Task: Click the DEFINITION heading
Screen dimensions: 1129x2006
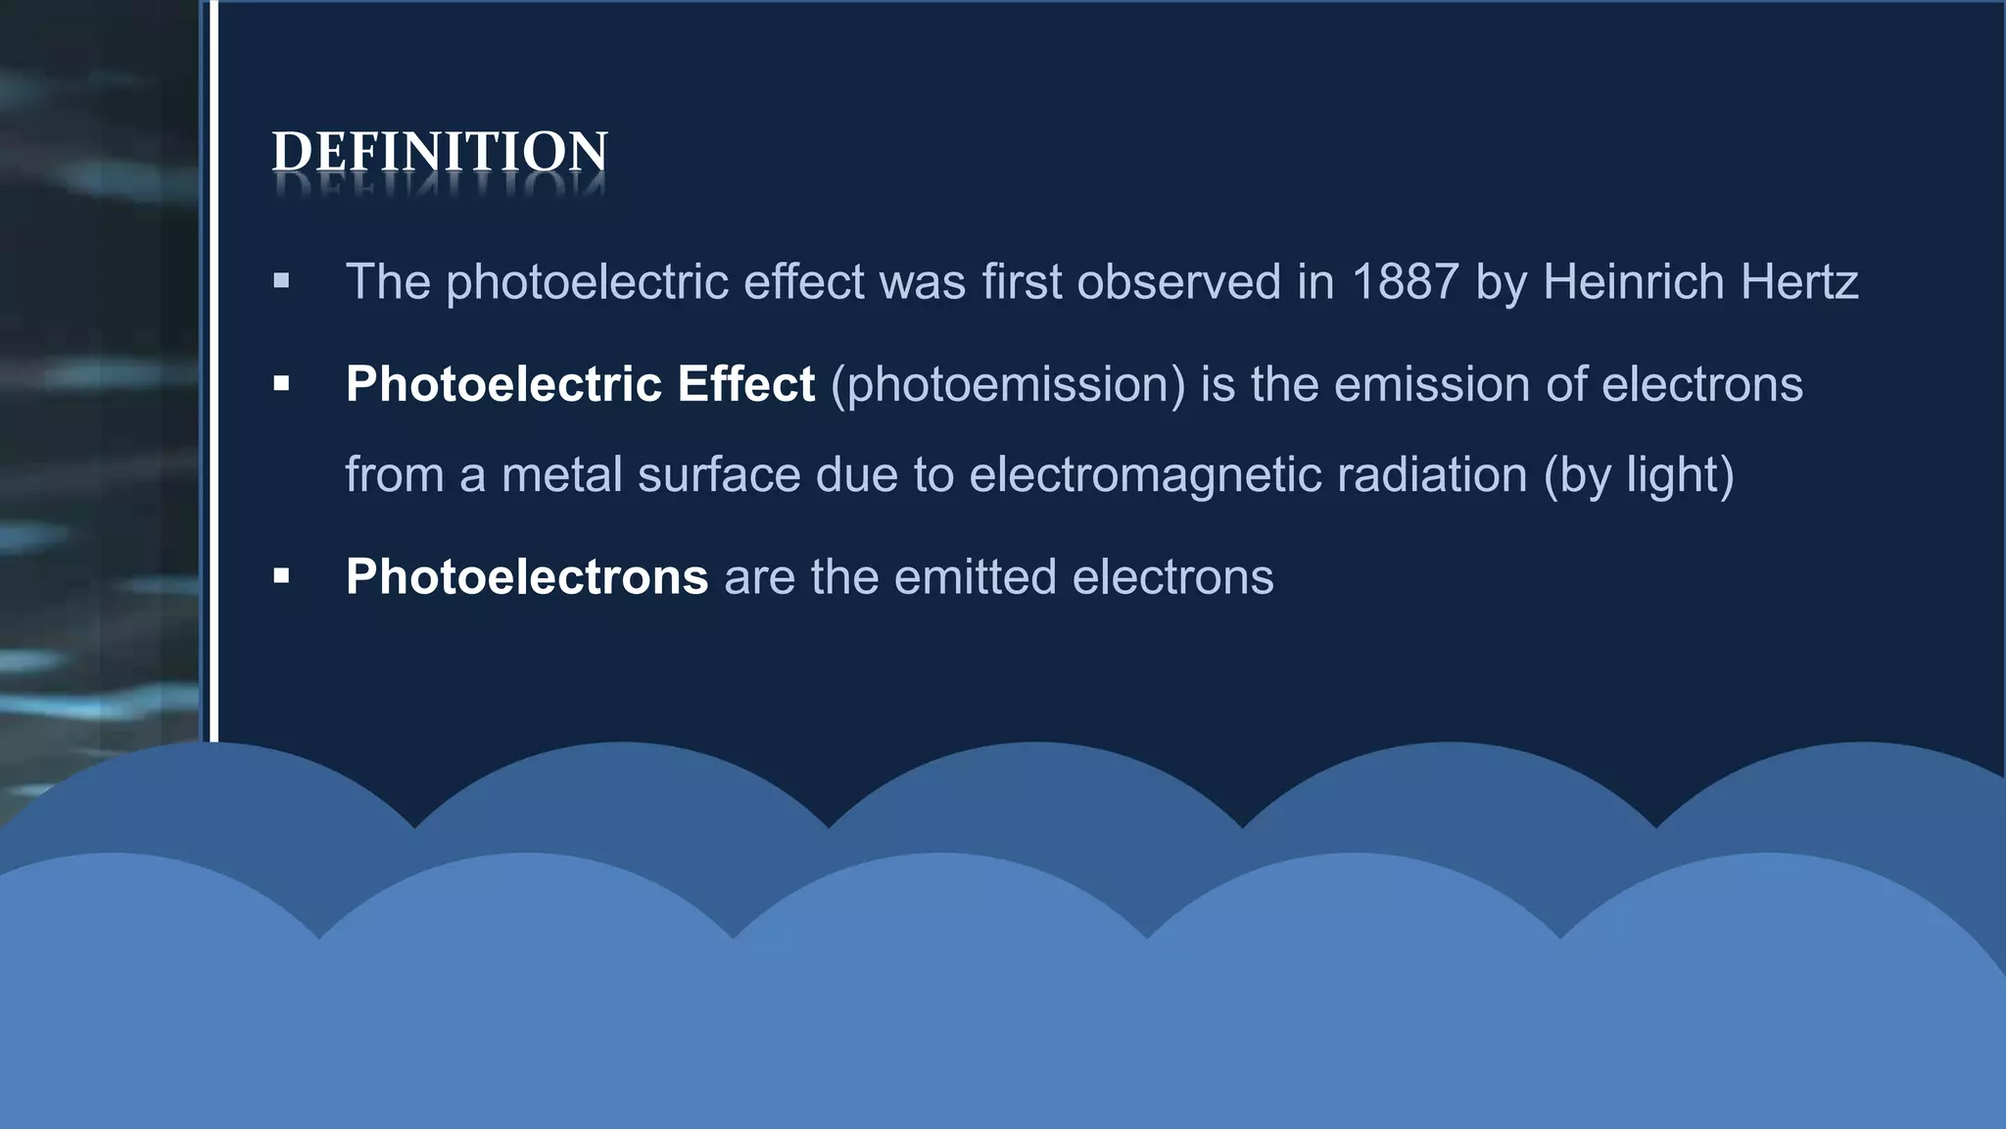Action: tap(440, 153)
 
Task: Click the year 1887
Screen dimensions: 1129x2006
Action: tap(1406, 282)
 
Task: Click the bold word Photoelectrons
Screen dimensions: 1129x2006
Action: tap(526, 576)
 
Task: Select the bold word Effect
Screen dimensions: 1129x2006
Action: tap(745, 384)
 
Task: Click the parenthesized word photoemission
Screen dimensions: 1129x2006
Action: tap(1008, 384)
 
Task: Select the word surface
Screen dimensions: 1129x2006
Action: tap(719, 475)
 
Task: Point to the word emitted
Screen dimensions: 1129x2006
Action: tap(975, 576)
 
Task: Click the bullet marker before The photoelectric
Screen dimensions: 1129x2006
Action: tap(282, 282)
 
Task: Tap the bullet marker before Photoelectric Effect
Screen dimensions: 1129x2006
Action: tap(282, 384)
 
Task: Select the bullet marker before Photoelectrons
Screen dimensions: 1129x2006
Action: tap(282, 576)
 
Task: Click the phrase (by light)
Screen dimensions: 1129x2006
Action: tap(1639, 475)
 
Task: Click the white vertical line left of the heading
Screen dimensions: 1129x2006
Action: tap(214, 372)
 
